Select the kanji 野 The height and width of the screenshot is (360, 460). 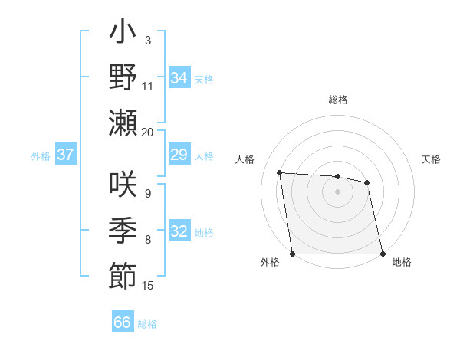click(123, 77)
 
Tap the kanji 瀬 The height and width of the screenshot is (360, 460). click(123, 123)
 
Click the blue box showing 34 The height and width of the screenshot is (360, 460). click(179, 77)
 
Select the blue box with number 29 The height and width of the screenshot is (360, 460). click(179, 155)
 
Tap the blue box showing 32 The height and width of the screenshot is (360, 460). click(179, 231)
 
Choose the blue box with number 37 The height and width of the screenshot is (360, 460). click(66, 155)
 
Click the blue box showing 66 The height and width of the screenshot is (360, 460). click(123, 322)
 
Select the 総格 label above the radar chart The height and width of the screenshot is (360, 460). click(337, 100)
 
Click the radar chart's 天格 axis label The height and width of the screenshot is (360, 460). click(431, 159)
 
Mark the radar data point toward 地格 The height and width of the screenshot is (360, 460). click(383, 254)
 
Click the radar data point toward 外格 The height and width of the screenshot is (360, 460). click(292, 254)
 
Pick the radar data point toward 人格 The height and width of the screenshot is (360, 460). click(280, 173)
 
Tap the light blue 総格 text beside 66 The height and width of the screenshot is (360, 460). click(148, 324)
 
